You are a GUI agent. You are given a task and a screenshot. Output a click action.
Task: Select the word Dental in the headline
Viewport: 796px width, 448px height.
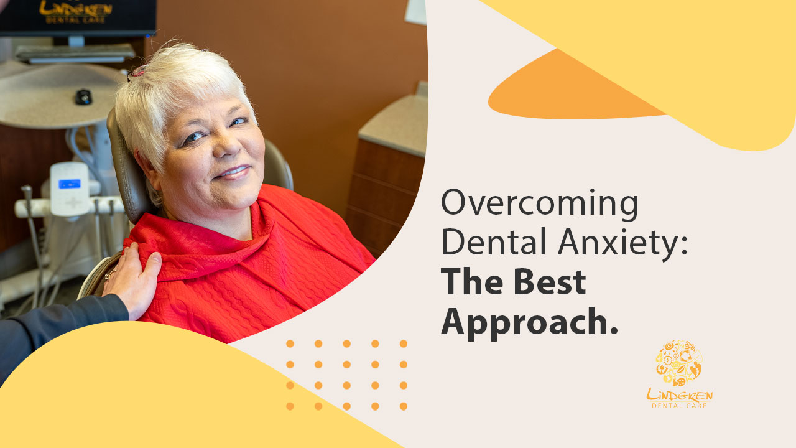(494, 241)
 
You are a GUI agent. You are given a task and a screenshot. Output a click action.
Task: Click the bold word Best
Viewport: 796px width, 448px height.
(550, 282)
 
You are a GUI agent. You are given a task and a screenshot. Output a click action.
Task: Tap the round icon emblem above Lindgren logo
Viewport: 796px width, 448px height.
(679, 363)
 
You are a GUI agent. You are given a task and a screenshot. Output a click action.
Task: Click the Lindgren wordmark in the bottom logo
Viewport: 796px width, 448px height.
(680, 394)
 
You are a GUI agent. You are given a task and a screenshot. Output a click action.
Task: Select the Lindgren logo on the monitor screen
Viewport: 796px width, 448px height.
(75, 11)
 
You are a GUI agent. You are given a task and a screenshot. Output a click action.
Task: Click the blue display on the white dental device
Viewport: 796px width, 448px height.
(70, 184)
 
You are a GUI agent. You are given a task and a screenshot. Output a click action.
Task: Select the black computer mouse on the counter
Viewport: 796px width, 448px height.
(83, 96)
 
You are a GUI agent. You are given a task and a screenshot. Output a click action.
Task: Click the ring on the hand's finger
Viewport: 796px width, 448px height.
(110, 274)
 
